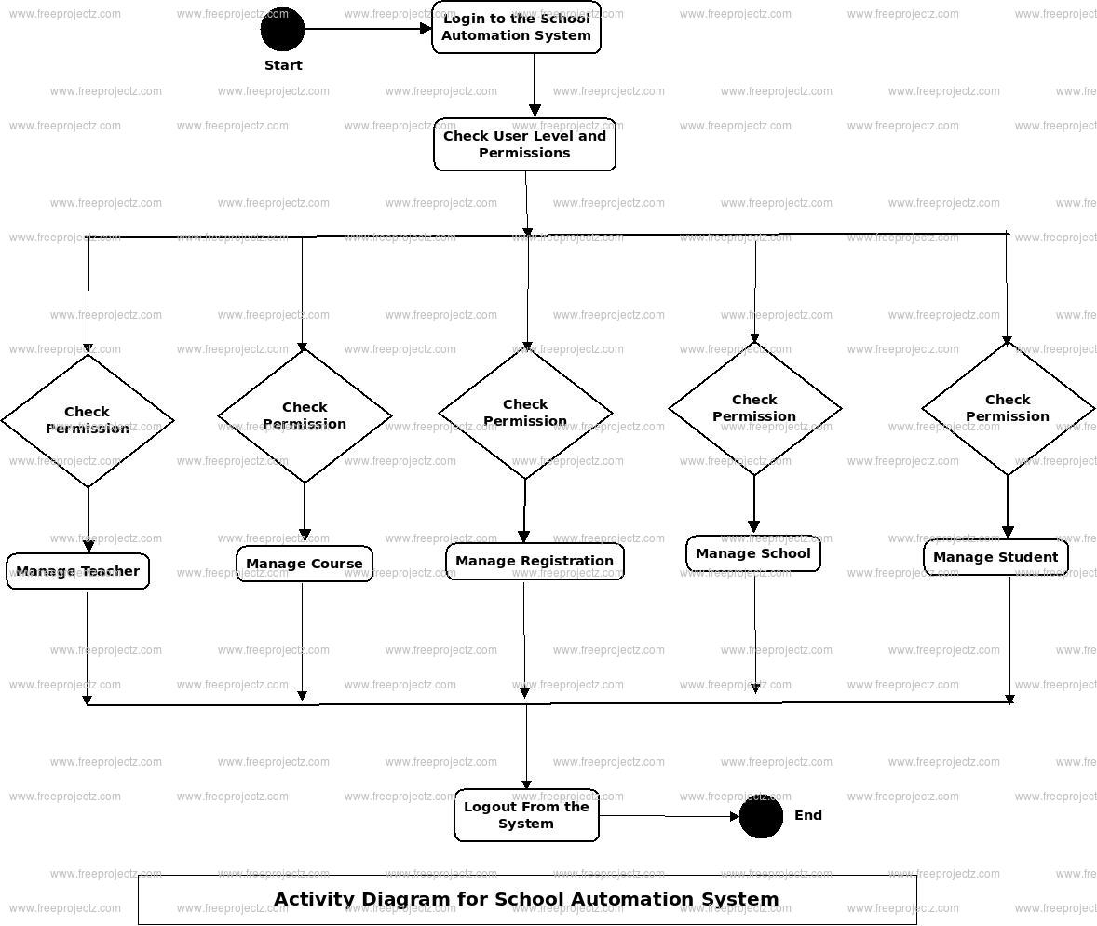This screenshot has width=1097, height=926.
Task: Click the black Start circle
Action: [282, 29]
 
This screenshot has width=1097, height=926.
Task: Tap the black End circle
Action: [761, 816]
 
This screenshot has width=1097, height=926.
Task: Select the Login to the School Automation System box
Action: [516, 27]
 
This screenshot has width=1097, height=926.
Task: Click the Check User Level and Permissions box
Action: [524, 144]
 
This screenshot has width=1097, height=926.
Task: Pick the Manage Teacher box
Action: [77, 571]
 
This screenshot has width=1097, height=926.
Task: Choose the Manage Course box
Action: [304, 564]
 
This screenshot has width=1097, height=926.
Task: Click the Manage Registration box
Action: [535, 561]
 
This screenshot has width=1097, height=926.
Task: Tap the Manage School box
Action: [753, 553]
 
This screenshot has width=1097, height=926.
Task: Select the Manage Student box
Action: [995, 557]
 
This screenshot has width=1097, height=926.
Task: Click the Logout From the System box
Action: [526, 815]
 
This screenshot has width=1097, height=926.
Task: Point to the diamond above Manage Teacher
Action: [88, 420]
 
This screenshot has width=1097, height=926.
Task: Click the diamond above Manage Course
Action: [305, 415]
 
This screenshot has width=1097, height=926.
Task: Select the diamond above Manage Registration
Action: [525, 413]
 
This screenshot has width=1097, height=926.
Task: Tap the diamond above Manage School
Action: [754, 408]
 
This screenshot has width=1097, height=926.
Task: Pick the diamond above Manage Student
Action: [1008, 408]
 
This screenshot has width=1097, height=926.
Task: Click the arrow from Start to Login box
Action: [368, 29]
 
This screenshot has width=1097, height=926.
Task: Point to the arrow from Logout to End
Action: [669, 816]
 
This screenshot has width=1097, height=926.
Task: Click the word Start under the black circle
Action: [283, 65]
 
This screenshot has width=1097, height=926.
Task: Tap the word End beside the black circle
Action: [808, 815]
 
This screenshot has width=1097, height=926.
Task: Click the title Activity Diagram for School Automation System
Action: [526, 900]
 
